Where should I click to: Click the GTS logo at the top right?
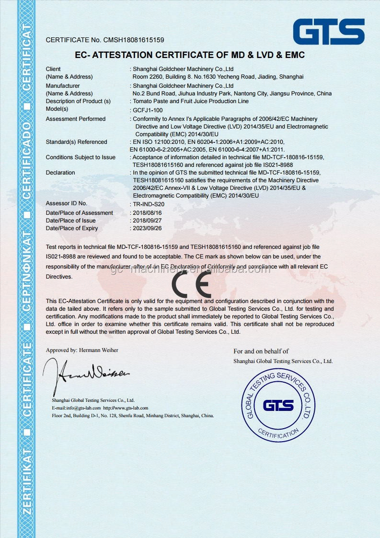tap(329, 32)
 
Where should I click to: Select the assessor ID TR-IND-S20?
tap(149, 204)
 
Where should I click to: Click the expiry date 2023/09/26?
tap(148, 228)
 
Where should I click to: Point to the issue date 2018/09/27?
tap(148, 221)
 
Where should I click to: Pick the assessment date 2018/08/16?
tap(148, 213)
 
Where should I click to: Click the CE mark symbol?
tap(191, 284)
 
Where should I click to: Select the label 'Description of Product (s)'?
tap(78, 101)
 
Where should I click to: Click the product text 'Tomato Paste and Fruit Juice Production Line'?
tap(191, 101)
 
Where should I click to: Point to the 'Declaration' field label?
tap(60, 173)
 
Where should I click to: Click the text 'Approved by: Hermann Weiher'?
tap(82, 350)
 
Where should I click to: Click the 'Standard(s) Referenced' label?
tap(77, 142)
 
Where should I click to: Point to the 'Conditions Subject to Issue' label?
tap(81, 157)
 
